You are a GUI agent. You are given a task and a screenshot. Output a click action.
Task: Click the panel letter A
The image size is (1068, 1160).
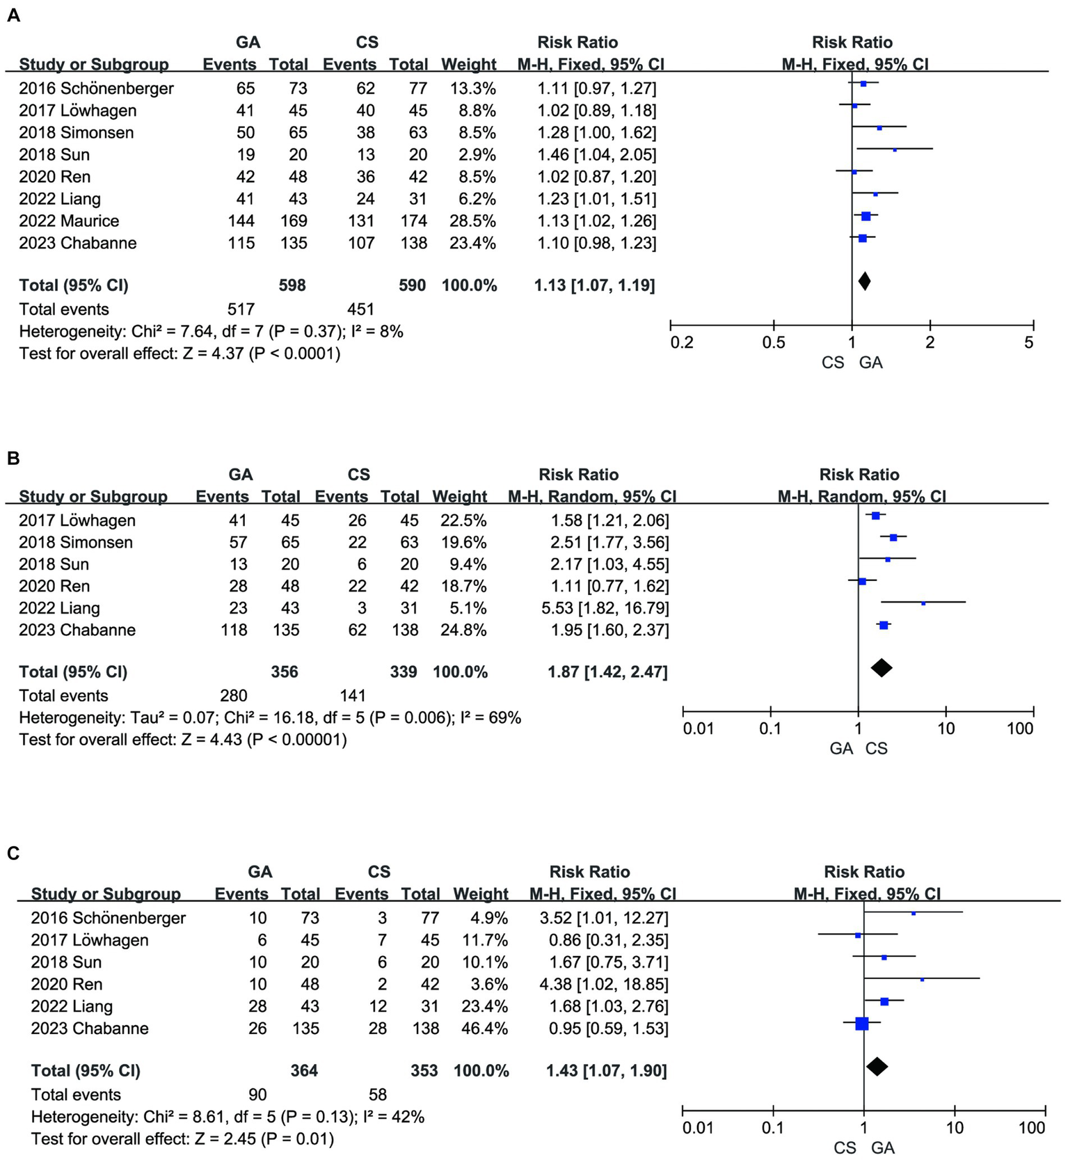13,16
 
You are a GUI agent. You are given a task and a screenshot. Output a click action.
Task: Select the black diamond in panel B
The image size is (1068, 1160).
882,668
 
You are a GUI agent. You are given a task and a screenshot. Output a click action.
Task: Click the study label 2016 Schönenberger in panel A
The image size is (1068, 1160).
96,88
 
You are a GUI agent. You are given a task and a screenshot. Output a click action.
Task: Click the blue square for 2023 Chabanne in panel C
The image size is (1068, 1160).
862,1023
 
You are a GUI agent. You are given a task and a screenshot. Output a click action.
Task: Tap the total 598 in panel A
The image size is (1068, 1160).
292,285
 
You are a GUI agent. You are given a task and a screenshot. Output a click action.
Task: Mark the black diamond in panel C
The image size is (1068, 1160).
877,1066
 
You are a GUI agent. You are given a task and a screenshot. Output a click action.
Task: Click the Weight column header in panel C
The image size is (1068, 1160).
481,894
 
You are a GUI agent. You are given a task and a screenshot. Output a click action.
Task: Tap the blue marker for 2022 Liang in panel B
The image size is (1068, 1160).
923,603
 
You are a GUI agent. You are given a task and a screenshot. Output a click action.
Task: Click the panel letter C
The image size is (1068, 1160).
13,853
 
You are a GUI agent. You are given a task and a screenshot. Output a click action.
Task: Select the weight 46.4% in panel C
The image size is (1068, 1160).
485,1028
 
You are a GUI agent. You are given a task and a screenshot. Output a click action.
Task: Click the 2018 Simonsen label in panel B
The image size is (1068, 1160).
76,543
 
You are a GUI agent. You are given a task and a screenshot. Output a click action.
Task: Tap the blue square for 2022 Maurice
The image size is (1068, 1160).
866,216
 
